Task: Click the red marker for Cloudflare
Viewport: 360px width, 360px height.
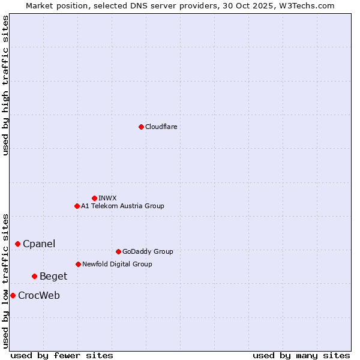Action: pyautogui.click(x=141, y=127)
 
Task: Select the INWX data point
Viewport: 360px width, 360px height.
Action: pyautogui.click(x=94, y=198)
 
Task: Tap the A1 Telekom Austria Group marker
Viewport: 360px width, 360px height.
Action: pyautogui.click(x=77, y=206)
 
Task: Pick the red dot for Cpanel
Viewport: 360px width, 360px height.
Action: pyautogui.click(x=17, y=244)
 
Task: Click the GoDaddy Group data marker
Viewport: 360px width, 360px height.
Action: pyautogui.click(x=118, y=251)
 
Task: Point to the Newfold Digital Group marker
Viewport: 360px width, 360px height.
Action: pyautogui.click(x=78, y=264)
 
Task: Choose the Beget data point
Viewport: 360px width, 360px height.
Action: pyautogui.click(x=34, y=276)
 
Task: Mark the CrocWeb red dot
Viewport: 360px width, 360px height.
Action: pyautogui.click(x=13, y=295)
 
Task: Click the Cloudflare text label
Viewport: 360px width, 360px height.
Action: pyautogui.click(x=161, y=127)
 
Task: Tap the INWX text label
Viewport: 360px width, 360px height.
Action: pyautogui.click(x=107, y=198)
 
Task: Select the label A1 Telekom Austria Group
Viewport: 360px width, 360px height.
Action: pyautogui.click(x=122, y=206)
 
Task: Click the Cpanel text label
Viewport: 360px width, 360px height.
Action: pyautogui.click(x=39, y=244)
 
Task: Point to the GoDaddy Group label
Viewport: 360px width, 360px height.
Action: pyautogui.click(x=148, y=251)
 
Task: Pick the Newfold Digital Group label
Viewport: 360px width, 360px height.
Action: pyautogui.click(x=117, y=264)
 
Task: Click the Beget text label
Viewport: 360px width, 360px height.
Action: pyautogui.click(x=53, y=276)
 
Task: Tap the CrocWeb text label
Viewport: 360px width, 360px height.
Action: pyautogui.click(x=39, y=295)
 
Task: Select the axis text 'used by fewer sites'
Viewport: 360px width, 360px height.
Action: pyautogui.click(x=62, y=355)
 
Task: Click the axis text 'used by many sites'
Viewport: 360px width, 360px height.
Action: pyautogui.click(x=301, y=355)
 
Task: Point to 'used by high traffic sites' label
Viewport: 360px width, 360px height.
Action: pyautogui.click(x=5, y=85)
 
